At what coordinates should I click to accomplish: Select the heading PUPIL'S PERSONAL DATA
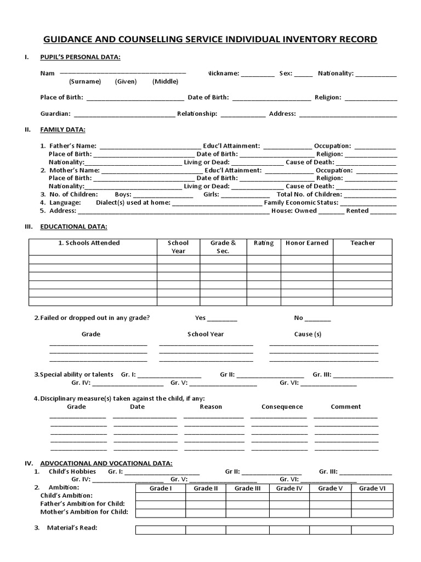[81, 57]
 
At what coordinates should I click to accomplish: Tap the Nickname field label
[223, 73]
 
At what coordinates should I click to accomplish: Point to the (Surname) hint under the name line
[85, 81]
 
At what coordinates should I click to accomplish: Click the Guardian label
[55, 114]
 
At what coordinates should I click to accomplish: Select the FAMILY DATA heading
[63, 130]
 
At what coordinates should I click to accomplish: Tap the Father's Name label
[73, 146]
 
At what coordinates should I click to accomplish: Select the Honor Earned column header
[306, 243]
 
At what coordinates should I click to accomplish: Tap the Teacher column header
[362, 243]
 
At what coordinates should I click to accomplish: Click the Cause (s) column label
[308, 334]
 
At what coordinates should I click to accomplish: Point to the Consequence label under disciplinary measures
[282, 407]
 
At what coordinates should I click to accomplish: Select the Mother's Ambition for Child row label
[84, 512]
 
